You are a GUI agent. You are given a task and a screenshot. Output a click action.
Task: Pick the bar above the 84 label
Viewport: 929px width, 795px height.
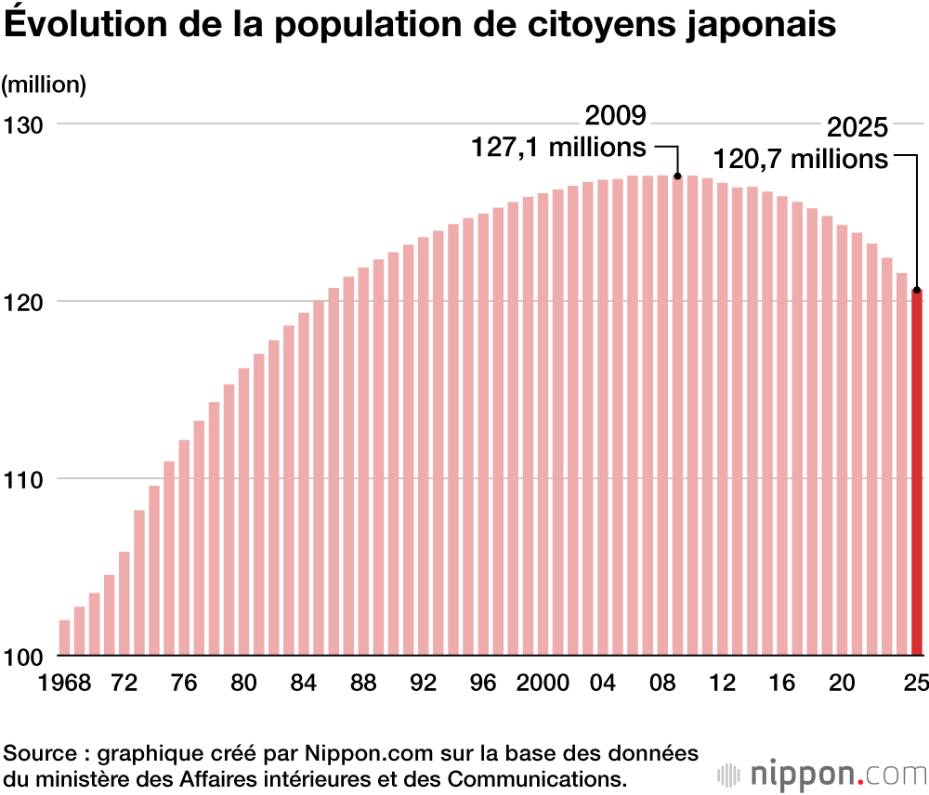303,484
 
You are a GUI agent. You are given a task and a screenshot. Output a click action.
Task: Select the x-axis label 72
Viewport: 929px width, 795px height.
124,684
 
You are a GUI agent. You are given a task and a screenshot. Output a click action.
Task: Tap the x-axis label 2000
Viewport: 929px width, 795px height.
543,684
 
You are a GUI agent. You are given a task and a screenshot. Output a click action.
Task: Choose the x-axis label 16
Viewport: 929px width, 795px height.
782,684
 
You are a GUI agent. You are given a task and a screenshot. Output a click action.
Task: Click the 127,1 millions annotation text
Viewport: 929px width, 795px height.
558,147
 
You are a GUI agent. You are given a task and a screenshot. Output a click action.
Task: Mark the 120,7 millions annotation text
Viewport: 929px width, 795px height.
800,159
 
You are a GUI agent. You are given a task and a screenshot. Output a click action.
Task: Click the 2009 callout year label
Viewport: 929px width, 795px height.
615,117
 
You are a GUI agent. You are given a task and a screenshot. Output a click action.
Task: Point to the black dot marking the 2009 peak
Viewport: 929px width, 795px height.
677,176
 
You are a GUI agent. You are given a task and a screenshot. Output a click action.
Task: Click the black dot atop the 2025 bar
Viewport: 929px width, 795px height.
917,290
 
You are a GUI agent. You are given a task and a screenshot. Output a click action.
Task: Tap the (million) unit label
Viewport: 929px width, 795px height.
44,85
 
